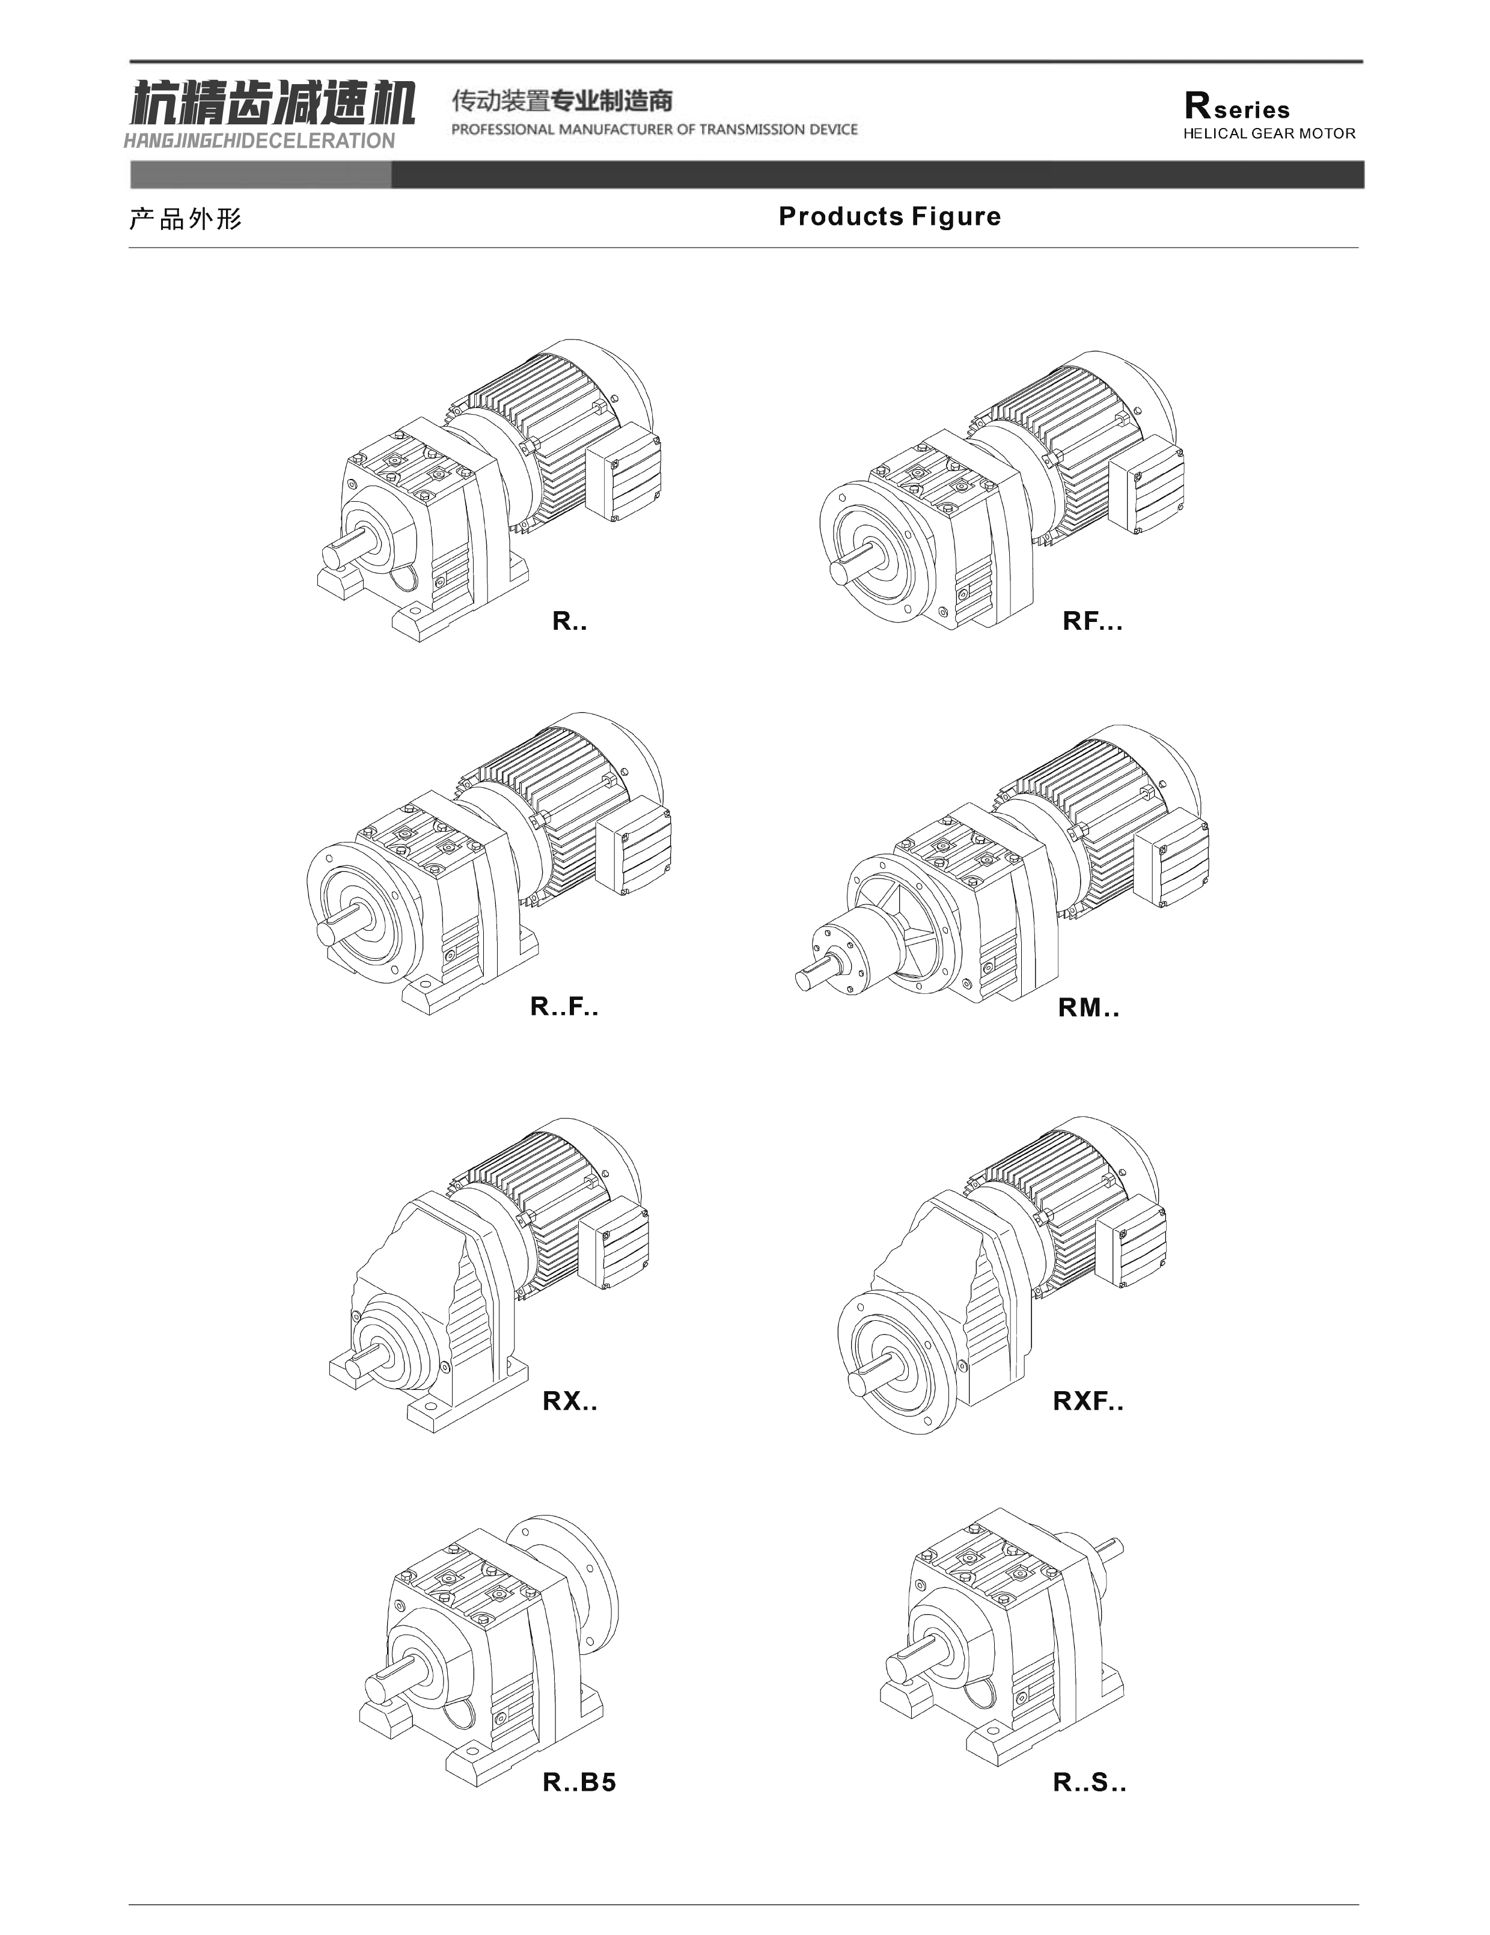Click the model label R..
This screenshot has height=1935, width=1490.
point(569,622)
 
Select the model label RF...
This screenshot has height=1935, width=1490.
point(1092,622)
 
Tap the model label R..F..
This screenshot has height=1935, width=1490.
point(564,1007)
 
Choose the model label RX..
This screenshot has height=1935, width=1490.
point(570,1401)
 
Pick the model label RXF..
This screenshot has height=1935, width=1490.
point(1087,1401)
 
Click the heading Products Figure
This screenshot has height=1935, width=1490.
point(889,217)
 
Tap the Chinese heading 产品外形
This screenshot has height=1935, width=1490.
point(185,219)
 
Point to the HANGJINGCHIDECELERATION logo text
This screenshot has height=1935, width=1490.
point(260,141)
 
